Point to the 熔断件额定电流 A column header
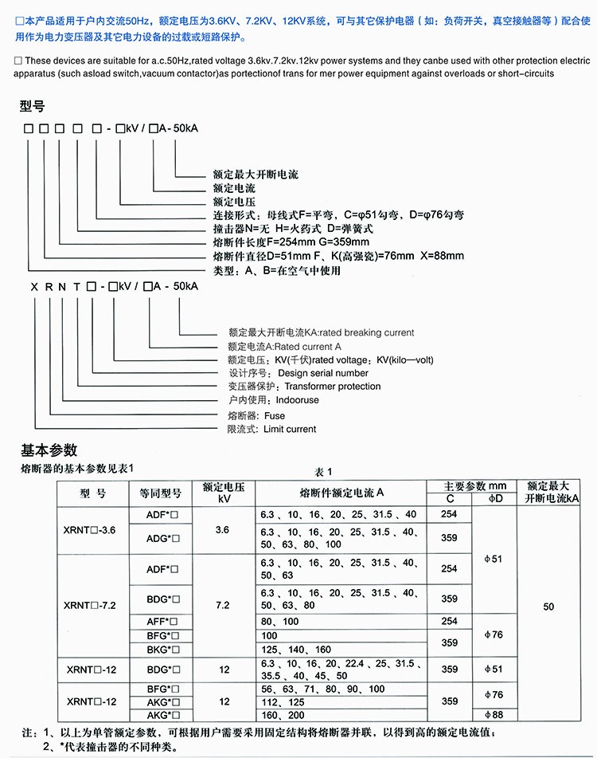coord(341,493)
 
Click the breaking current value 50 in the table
coord(548,607)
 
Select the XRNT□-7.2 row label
coord(89,605)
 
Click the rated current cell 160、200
coord(283,714)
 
